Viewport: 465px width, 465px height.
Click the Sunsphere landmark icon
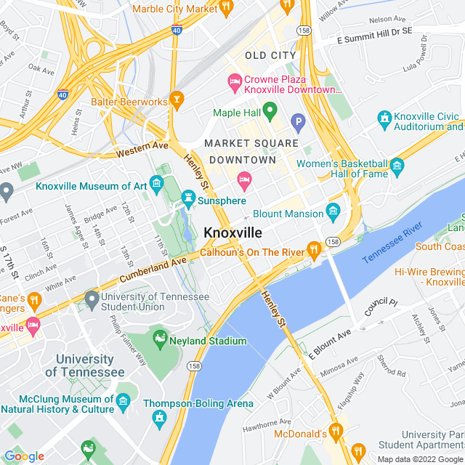click(x=188, y=198)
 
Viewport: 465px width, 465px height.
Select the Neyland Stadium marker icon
click(x=160, y=338)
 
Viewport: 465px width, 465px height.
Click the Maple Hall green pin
click(x=270, y=111)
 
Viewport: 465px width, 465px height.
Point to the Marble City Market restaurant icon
click(x=225, y=7)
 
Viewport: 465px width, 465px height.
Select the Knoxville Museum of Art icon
click(x=155, y=182)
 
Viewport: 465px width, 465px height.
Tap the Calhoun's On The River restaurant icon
click(x=314, y=250)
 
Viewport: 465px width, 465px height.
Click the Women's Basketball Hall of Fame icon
click(x=397, y=168)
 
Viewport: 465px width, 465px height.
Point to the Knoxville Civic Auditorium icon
click(x=384, y=118)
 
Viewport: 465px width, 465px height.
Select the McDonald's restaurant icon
click(x=335, y=431)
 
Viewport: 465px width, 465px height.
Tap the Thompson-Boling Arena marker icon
click(x=160, y=417)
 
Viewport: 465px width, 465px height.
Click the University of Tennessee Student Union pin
click(x=92, y=299)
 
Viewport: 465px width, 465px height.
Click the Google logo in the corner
click(x=24, y=456)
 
